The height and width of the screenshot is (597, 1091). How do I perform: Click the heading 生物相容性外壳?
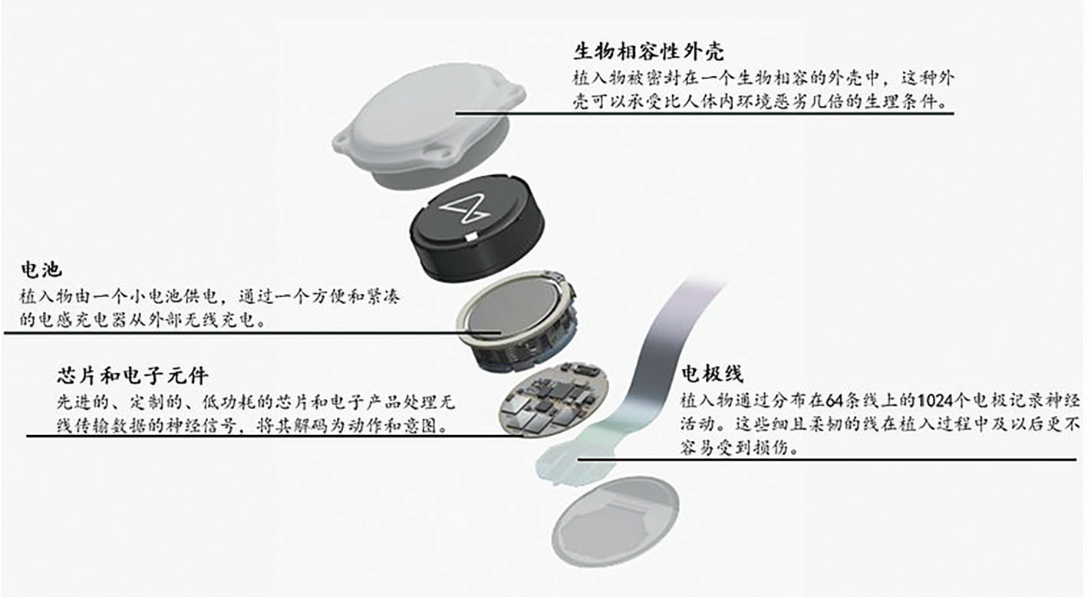pos(648,51)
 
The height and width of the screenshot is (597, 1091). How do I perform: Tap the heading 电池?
pos(41,269)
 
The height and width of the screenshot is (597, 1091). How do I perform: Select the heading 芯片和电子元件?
pos(133,375)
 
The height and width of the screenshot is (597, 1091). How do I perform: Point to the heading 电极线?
pos(712,374)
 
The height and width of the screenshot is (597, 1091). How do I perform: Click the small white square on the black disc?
pos(470,237)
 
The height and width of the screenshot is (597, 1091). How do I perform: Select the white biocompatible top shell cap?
pos(429,126)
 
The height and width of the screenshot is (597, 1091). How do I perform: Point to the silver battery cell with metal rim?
pos(516,322)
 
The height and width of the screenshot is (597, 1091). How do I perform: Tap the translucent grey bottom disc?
pos(615,521)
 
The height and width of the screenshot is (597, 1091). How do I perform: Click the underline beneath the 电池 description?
pos(252,333)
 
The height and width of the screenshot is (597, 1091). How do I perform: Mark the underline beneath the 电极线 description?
pos(826,459)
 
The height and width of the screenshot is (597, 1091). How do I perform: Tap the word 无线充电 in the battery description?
pos(215,320)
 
